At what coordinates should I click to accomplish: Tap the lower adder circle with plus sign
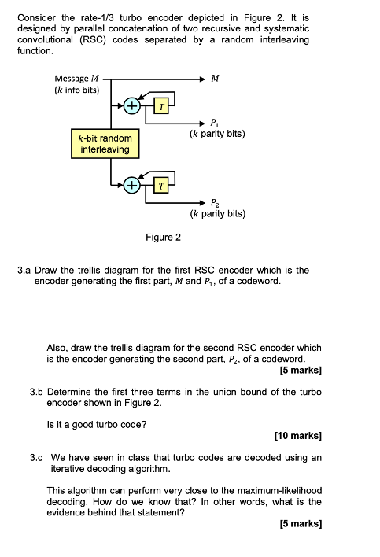tap(131, 186)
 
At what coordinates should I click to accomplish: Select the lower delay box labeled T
tap(161, 186)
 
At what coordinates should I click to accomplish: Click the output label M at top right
tap(216, 79)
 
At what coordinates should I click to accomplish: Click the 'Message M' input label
tap(76, 79)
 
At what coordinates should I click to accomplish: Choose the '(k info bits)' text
tap(76, 90)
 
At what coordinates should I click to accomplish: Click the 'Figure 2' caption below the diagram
tap(163, 237)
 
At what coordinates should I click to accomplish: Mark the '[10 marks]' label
tap(298, 435)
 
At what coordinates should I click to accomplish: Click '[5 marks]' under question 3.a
tap(301, 370)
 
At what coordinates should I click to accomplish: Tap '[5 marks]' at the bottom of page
tap(301, 523)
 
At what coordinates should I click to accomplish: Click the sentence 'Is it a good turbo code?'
tap(98, 425)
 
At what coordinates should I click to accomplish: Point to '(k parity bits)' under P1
tap(217, 134)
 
